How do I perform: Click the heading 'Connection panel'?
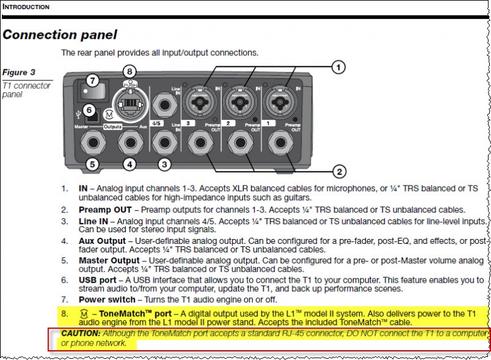click(x=60, y=34)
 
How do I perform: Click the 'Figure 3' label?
click(x=19, y=72)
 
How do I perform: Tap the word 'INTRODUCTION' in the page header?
click(x=27, y=7)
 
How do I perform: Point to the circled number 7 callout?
click(x=92, y=80)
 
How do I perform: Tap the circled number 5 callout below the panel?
click(x=92, y=164)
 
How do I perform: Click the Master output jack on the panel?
click(x=91, y=141)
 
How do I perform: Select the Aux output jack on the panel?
click(x=130, y=141)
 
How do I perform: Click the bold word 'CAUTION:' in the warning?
click(x=81, y=332)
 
